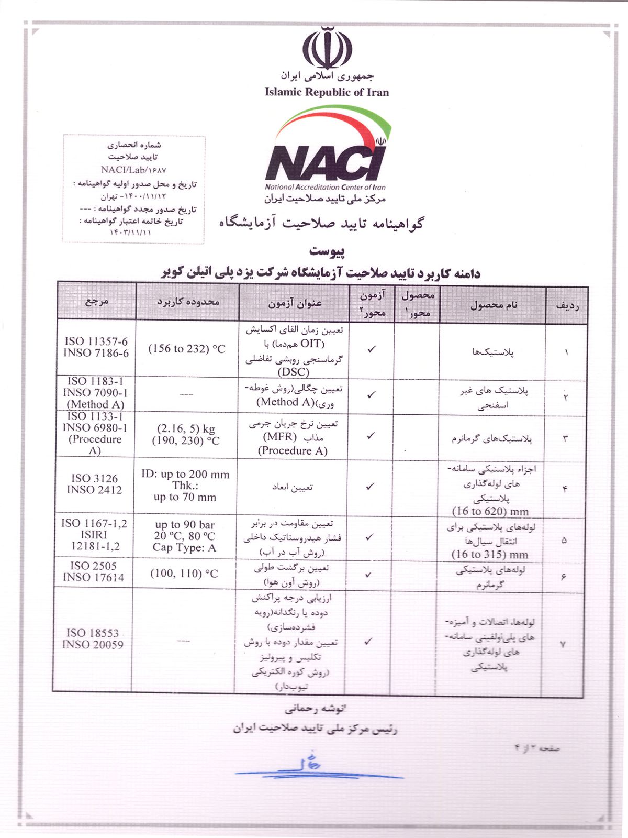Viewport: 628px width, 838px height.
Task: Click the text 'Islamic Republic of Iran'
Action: (x=327, y=93)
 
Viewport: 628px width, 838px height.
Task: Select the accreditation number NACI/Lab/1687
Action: (x=133, y=170)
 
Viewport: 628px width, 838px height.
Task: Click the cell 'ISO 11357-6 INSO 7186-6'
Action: (x=96, y=347)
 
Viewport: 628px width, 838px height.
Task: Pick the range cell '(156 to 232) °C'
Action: (x=187, y=349)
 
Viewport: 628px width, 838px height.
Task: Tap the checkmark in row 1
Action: (x=372, y=349)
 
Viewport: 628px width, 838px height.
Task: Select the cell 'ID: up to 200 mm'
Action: (x=185, y=475)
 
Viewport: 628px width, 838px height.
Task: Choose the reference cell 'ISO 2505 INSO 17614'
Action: (x=93, y=571)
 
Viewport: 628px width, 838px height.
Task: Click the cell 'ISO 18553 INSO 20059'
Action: (x=93, y=638)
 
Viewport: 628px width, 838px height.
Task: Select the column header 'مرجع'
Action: (x=97, y=301)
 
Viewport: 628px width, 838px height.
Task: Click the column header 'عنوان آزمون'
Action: (x=295, y=303)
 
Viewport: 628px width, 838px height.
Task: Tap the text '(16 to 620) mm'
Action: (x=490, y=511)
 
